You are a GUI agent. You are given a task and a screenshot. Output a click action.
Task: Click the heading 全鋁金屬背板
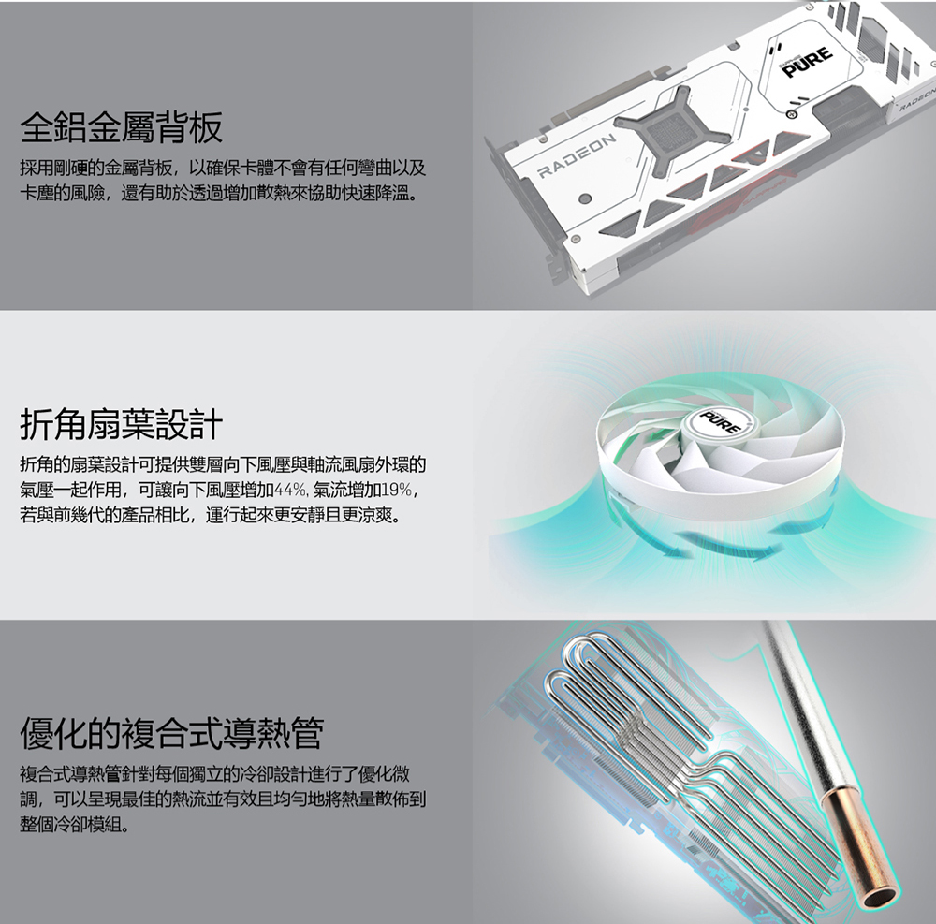click(x=121, y=127)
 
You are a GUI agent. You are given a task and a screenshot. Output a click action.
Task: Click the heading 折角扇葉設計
click(x=121, y=424)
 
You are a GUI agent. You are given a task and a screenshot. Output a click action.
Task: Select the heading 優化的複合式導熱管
click(x=172, y=733)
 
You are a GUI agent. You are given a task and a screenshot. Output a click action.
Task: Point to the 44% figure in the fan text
click(x=290, y=490)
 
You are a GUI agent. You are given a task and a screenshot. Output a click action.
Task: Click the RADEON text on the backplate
click(x=577, y=156)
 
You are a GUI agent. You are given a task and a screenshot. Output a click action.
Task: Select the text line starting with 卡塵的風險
click(x=218, y=194)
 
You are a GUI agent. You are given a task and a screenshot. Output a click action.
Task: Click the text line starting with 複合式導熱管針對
click(x=215, y=775)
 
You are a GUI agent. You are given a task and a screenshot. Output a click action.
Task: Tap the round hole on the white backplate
click(x=586, y=198)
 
